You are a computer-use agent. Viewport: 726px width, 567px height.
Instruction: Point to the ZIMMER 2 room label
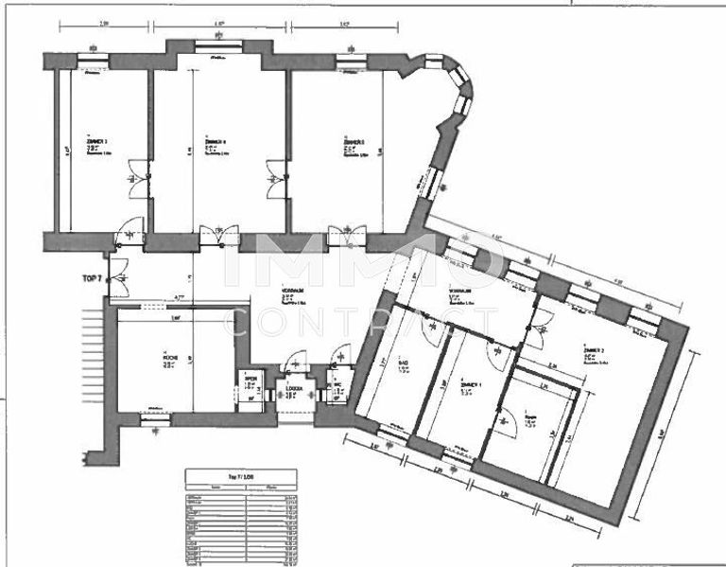tap(595, 350)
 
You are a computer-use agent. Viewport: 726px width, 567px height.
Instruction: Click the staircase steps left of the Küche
tap(91, 336)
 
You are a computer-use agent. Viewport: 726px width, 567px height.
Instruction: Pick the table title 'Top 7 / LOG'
tap(240, 477)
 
